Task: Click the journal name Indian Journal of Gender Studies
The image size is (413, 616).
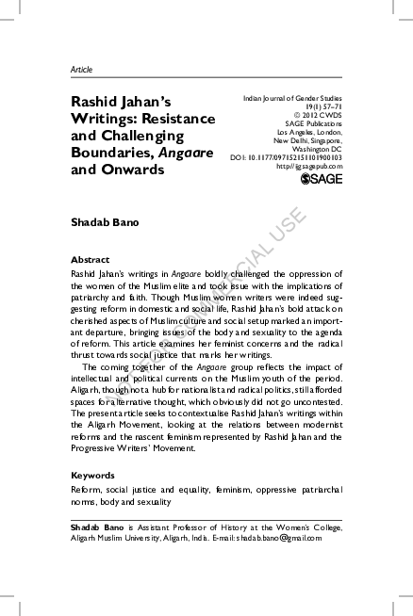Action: (292, 97)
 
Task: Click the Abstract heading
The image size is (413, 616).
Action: (91, 259)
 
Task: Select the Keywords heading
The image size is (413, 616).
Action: (93, 476)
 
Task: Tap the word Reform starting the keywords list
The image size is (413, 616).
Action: (87, 491)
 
